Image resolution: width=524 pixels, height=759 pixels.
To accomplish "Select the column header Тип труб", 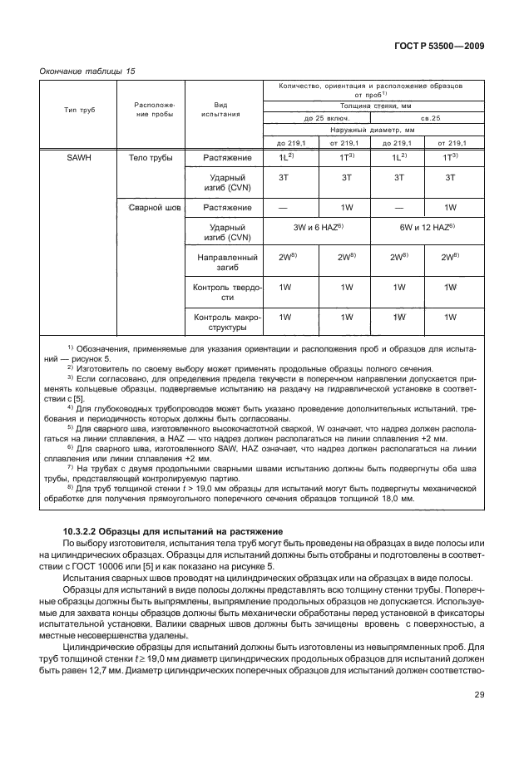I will tap(80, 109).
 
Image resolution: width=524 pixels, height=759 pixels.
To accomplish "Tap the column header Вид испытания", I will tap(220, 109).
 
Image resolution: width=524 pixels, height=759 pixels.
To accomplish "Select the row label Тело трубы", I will tap(150, 156).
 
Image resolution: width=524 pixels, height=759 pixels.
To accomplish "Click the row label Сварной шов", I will tap(150, 206).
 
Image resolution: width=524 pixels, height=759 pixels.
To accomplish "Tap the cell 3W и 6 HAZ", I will tap(316, 226).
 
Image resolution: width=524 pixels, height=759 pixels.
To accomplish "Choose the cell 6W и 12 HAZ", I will tap(424, 226).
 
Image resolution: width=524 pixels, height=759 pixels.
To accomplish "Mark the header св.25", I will tap(424, 118).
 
